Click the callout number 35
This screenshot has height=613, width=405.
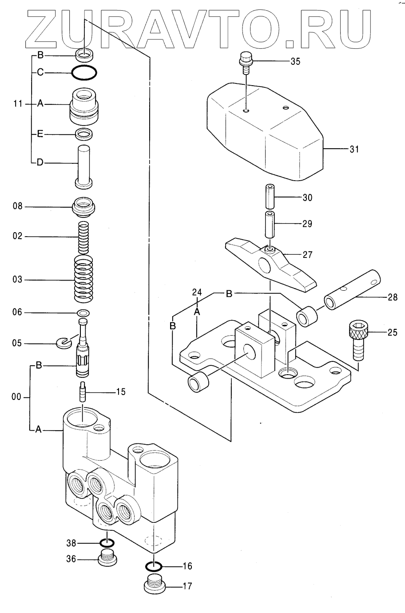[295, 62]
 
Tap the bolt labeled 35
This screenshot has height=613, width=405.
[246, 63]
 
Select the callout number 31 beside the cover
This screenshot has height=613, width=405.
[354, 149]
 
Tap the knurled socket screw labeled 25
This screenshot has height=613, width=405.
[358, 340]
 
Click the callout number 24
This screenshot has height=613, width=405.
[197, 292]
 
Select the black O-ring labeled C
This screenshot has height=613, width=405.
[84, 73]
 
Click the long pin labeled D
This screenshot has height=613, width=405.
[84, 167]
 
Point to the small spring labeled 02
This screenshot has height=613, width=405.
[83, 237]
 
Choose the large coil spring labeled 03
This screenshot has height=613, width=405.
[83, 279]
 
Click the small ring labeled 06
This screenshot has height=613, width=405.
[83, 313]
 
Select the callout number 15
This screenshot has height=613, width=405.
[121, 392]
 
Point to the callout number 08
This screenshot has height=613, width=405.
[17, 206]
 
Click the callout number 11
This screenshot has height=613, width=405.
[18, 104]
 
